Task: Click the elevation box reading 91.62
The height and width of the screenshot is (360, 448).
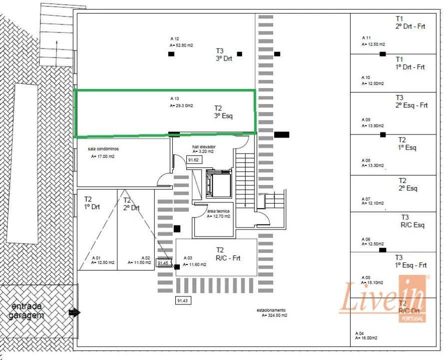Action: tap(193, 160)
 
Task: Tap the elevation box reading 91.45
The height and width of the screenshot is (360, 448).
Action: tap(164, 262)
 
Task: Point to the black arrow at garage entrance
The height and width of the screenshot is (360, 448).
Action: tap(74, 313)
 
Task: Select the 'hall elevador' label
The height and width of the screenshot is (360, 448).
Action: tap(203, 149)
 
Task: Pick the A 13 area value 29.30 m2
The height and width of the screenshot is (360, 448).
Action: tap(181, 105)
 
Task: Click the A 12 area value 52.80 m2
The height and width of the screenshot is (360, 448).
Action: tap(181, 45)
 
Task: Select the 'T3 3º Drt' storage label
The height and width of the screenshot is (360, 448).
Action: tap(224, 54)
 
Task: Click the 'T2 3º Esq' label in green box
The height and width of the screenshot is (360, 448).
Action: tap(223, 111)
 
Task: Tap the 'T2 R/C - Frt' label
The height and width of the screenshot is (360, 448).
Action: tap(228, 254)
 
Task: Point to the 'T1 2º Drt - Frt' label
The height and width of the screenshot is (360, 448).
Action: tap(410, 22)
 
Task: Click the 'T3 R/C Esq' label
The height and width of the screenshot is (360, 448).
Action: tap(413, 221)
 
